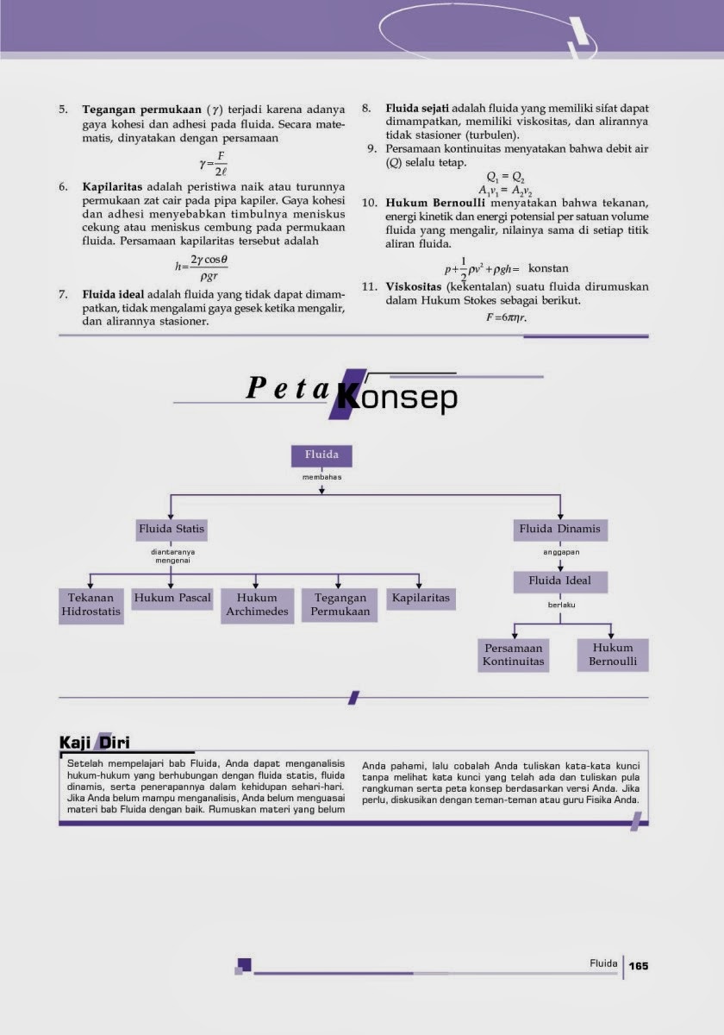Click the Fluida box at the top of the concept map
[321, 455]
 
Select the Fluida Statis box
[172, 528]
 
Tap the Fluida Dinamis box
[560, 528]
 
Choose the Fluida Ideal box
[560, 580]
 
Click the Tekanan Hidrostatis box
[91, 605]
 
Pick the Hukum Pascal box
[172, 598]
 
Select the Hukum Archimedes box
[257, 605]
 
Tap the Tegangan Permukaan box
[340, 605]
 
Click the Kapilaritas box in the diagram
[421, 598]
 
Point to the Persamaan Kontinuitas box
[513, 655]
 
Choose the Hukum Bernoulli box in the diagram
[613, 655]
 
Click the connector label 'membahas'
[321, 477]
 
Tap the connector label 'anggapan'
[560, 551]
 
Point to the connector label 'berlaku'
[560, 605]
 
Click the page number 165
[638, 965]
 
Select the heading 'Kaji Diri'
[94, 742]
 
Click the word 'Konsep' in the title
[398, 397]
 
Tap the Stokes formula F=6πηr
[506, 317]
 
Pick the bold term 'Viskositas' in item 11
[414, 286]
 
